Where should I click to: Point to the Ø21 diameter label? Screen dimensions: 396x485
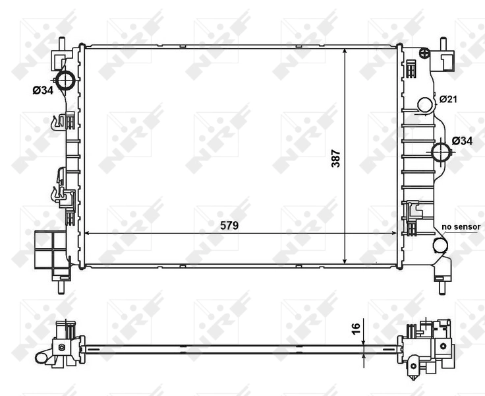pos(448,99)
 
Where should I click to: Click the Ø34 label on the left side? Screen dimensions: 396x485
pos(43,90)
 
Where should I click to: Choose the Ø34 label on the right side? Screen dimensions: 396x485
pos(462,141)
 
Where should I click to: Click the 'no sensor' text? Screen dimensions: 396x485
pos(461,226)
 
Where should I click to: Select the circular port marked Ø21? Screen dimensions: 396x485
pos(426,104)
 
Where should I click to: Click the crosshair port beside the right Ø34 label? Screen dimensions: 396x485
pos(441,152)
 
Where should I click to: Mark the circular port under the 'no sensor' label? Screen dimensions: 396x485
pos(440,246)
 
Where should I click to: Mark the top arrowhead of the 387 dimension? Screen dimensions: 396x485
pos(345,50)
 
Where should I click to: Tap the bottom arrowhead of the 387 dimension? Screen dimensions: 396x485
pos(345,261)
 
